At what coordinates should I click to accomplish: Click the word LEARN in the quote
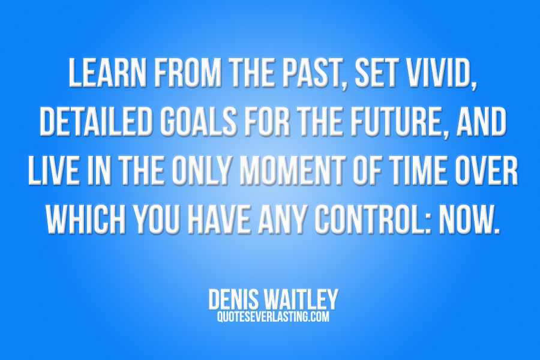click(x=108, y=73)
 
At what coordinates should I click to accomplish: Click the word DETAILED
click(x=96, y=122)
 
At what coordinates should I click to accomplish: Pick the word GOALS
click(x=198, y=122)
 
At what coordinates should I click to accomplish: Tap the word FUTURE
click(x=397, y=122)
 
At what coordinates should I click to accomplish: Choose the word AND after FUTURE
click(x=481, y=122)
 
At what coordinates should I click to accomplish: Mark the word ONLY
click(x=201, y=171)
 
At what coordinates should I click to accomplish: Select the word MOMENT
click(x=292, y=171)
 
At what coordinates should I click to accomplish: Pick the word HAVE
click(x=218, y=220)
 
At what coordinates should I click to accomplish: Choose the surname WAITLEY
click(x=301, y=299)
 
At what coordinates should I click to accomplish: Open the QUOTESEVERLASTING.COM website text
click(x=273, y=316)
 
